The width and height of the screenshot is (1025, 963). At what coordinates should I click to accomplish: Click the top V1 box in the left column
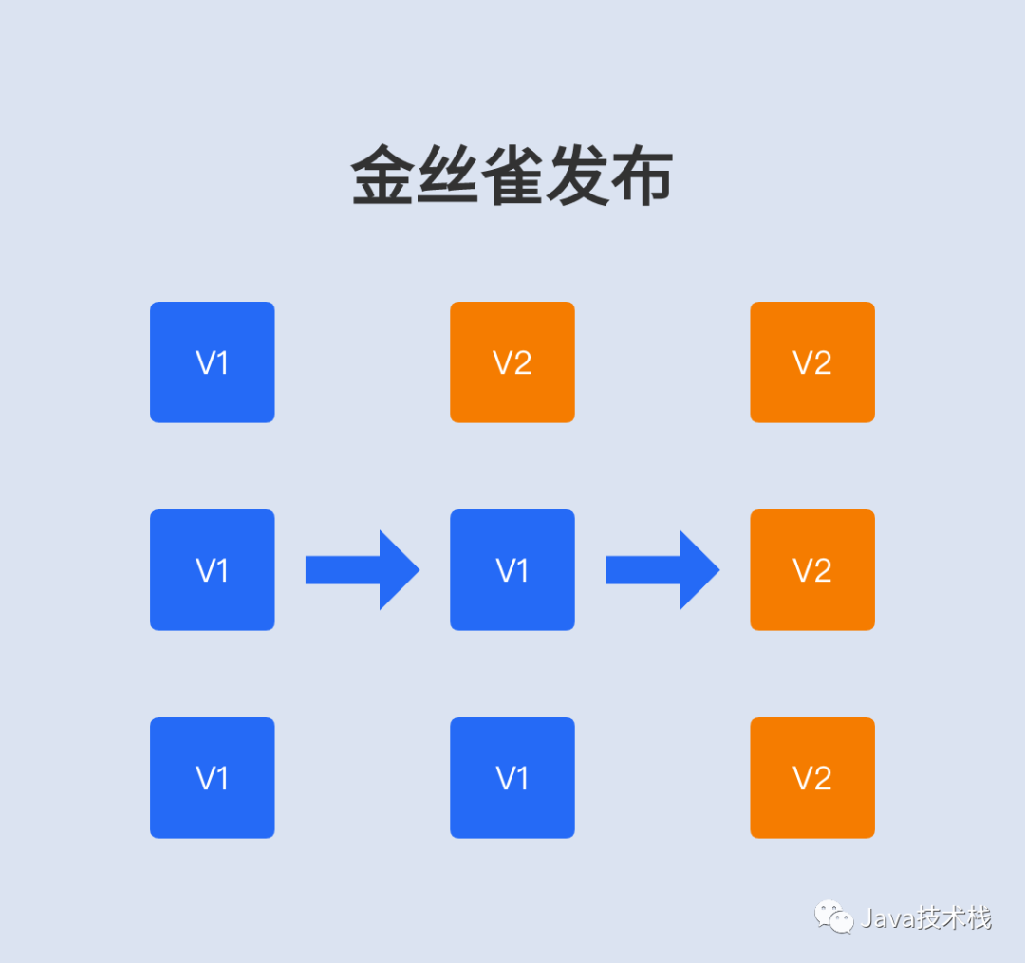[212, 361]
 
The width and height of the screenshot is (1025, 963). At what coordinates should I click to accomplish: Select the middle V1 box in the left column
[212, 569]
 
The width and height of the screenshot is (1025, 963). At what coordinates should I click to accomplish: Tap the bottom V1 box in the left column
[212, 777]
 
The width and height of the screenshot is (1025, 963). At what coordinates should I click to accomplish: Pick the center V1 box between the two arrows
[512, 569]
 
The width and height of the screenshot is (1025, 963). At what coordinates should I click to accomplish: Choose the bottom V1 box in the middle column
[512, 777]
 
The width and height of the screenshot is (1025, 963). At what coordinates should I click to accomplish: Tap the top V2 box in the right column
[811, 361]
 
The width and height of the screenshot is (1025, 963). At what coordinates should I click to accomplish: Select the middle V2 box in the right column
[811, 569]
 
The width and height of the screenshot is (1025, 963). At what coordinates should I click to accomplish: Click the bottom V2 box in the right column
[811, 777]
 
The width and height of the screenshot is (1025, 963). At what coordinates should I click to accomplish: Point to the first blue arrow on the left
[362, 569]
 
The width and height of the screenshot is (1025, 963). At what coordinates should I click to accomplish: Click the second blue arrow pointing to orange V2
[662, 569]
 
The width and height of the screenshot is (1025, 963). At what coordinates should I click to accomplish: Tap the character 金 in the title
[383, 176]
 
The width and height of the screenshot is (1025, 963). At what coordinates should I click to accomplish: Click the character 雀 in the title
[512, 176]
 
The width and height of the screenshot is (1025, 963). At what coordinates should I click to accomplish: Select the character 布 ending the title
[642, 176]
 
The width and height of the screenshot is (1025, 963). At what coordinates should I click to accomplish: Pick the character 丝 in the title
[448, 176]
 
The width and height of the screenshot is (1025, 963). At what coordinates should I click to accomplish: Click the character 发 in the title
[577, 176]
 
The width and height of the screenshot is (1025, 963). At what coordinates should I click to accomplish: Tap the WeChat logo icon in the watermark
[833, 917]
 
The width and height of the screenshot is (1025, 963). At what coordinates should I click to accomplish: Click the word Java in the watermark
[884, 918]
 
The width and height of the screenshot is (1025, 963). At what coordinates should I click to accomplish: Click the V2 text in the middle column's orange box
[512, 362]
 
